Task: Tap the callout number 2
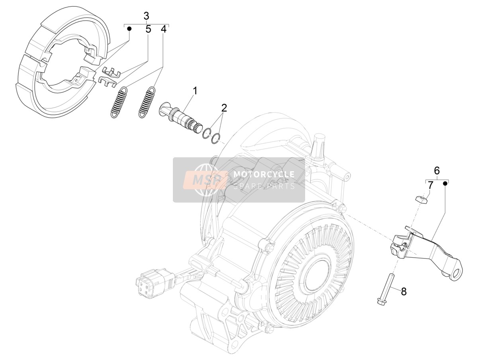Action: click(x=224, y=108)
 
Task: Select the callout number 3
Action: click(x=146, y=16)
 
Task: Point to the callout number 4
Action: click(x=164, y=29)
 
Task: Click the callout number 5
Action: click(x=148, y=29)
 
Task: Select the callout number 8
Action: click(x=404, y=292)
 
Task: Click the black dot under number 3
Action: click(x=129, y=28)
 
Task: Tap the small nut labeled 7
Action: click(x=421, y=199)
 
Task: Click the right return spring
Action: click(x=147, y=102)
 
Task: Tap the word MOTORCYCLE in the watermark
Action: click(x=264, y=174)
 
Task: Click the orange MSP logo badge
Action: click(x=206, y=180)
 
